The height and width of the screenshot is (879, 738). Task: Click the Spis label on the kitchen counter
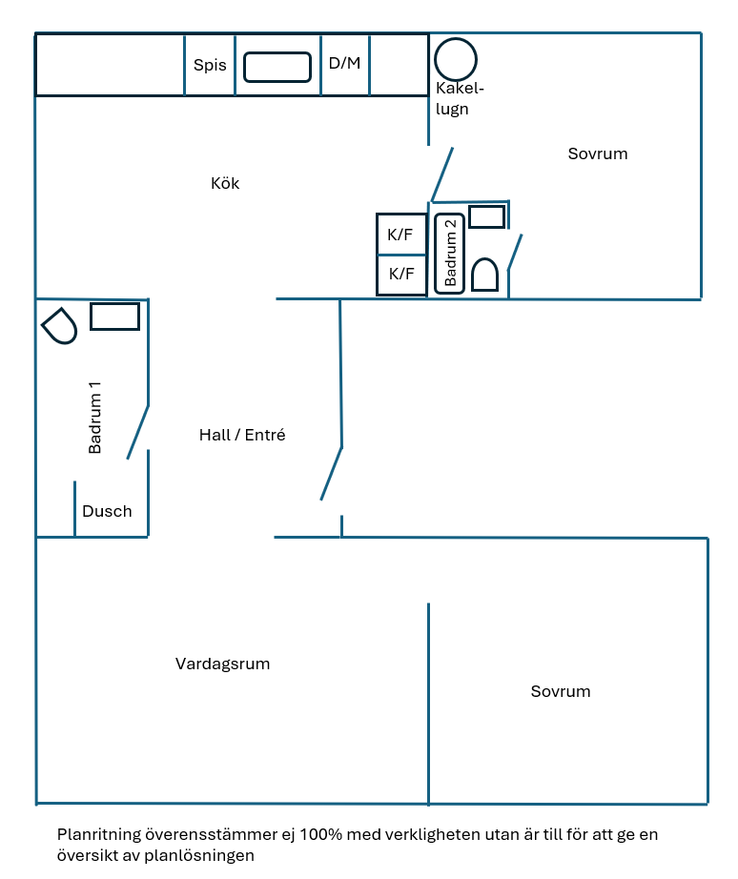click(210, 66)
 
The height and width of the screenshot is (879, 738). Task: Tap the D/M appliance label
click(344, 64)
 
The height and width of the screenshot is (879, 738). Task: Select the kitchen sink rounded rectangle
click(277, 67)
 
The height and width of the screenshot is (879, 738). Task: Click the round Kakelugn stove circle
click(455, 59)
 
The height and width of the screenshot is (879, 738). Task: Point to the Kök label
click(225, 184)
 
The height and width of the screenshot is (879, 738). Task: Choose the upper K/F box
click(400, 235)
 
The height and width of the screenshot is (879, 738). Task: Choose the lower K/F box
click(400, 275)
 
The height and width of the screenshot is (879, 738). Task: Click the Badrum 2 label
click(450, 253)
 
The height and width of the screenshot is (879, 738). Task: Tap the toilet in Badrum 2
click(484, 276)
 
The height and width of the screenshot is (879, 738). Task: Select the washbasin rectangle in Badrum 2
click(486, 216)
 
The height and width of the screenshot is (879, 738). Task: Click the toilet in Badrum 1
click(60, 326)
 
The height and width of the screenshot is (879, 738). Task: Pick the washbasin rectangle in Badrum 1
click(114, 316)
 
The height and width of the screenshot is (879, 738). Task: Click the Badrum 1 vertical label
click(94, 418)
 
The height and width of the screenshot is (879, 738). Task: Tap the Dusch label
click(107, 511)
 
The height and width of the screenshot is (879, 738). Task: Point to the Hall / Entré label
click(242, 435)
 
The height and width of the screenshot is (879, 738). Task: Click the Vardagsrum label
click(222, 664)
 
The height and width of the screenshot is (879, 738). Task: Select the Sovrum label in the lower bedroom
click(561, 691)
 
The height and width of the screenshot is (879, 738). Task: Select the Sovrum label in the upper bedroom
click(598, 153)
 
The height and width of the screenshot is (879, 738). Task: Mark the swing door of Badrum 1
click(138, 432)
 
